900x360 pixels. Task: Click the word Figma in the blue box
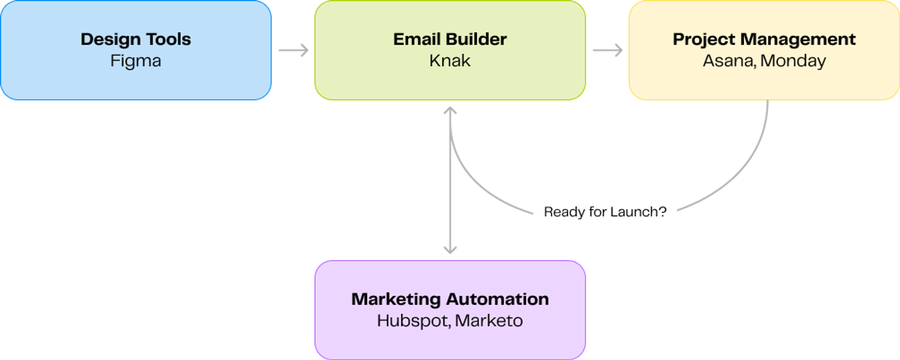point(136,61)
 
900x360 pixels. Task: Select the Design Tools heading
point(136,39)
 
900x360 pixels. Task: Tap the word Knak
point(450,61)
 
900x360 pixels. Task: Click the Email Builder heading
point(450,39)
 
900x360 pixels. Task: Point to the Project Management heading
point(764,39)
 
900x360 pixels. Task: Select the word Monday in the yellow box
point(793,61)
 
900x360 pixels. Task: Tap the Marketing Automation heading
point(450,299)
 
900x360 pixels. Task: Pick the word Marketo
point(489,321)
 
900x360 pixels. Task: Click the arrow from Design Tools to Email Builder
point(293,50)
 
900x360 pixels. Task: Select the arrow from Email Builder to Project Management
point(608,50)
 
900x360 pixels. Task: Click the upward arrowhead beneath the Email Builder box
point(450,110)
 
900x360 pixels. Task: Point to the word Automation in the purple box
point(497,299)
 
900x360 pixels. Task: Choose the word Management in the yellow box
point(798,39)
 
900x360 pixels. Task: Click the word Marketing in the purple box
point(396,299)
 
